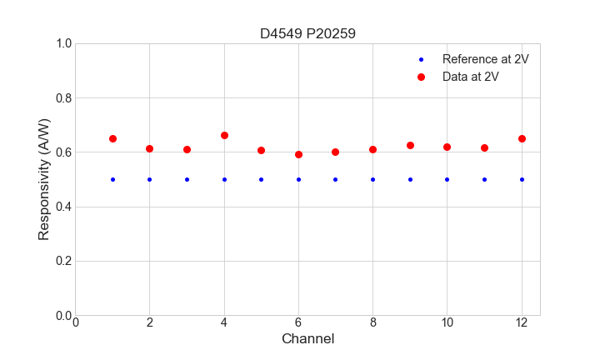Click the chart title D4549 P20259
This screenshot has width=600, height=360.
pyautogui.click(x=307, y=33)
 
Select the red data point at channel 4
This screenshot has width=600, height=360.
pyautogui.click(x=224, y=135)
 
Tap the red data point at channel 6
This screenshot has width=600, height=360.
pyautogui.click(x=298, y=154)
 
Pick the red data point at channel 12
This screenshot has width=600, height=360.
pyautogui.click(x=522, y=138)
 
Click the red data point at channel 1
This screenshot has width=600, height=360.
pyautogui.click(x=112, y=138)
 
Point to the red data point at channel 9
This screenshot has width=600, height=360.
pyautogui.click(x=410, y=145)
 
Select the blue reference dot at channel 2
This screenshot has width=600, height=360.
pyautogui.click(x=149, y=179)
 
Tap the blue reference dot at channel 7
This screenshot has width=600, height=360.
pyautogui.click(x=335, y=179)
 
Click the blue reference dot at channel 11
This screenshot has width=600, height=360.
pyautogui.click(x=484, y=179)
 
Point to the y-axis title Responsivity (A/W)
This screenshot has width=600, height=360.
pyautogui.click(x=44, y=179)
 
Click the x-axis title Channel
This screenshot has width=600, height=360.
pyautogui.click(x=307, y=339)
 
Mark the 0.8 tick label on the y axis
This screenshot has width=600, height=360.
pyautogui.click(x=62, y=98)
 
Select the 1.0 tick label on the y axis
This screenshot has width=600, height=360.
pyautogui.click(x=62, y=43)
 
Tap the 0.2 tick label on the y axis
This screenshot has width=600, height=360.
pyautogui.click(x=62, y=261)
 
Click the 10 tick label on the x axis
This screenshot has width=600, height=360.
pyautogui.click(x=447, y=322)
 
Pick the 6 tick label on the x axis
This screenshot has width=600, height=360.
pyautogui.click(x=298, y=322)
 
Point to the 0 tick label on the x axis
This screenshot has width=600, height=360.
pyautogui.click(x=75, y=322)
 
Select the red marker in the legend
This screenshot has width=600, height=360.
pyautogui.click(x=421, y=77)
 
